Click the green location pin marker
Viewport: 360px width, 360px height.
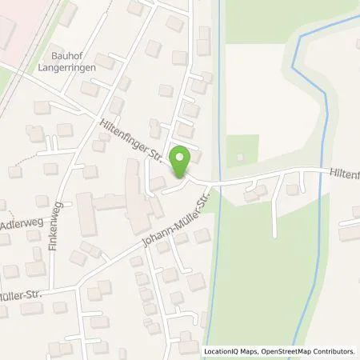(x=181, y=162)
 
